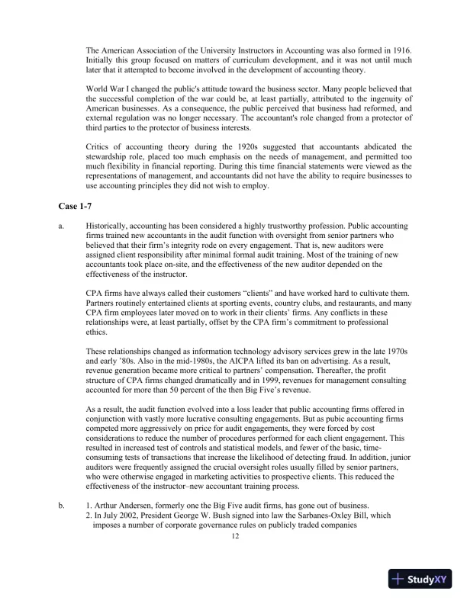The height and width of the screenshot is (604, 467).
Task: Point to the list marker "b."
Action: [61, 505]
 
